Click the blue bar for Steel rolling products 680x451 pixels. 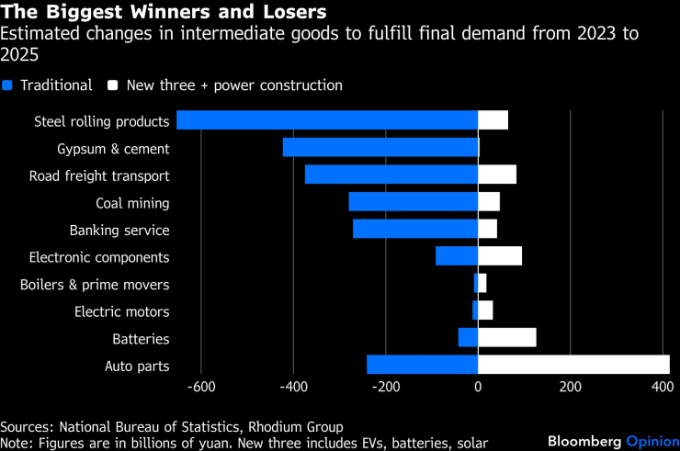pos(327,120)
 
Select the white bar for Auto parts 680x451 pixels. pos(573,366)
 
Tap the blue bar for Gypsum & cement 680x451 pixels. pos(380,148)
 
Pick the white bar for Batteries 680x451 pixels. pos(507,338)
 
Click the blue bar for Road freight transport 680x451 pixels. pos(391,175)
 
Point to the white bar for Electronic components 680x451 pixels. pos(500,256)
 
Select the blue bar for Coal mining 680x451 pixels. pos(414,202)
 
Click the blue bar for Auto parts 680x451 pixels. pos(422,366)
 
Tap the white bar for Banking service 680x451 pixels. pos(488,230)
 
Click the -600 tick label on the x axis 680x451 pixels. pos(200,388)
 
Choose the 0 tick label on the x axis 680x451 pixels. pos(478,388)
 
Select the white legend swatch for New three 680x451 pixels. pos(114,85)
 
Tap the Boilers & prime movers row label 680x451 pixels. pos(95,285)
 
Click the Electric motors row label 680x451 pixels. pos(122,312)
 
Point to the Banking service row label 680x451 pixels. pos(119,231)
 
